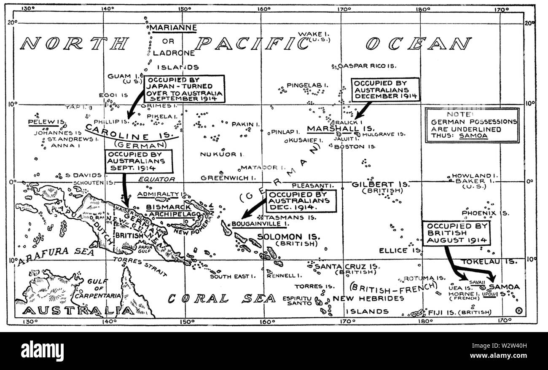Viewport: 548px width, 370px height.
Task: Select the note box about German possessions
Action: (x=472, y=125)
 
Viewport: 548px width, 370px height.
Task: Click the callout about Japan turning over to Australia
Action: (x=184, y=89)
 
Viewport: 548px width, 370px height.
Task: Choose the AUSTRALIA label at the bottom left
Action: (x=78, y=311)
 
